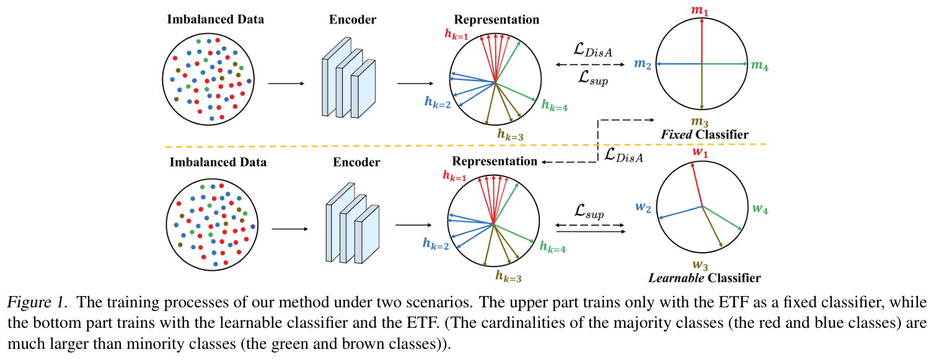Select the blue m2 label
click(642, 64)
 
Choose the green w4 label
click(760, 210)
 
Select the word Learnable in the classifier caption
click(675, 278)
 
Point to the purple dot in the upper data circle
click(249, 81)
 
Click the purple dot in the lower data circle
click(252, 227)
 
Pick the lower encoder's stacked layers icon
click(352, 222)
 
